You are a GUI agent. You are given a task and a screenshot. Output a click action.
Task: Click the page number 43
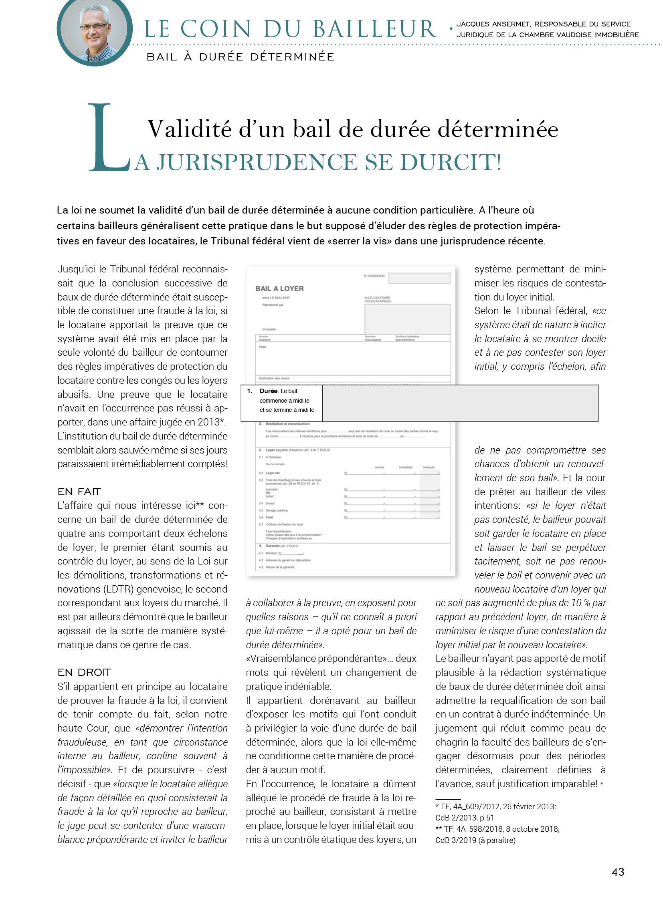[x=617, y=871]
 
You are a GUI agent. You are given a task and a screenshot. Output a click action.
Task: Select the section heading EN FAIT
[x=79, y=492]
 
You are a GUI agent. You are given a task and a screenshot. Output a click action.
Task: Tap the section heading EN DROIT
[x=84, y=672]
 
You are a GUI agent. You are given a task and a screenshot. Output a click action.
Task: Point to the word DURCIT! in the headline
[x=451, y=162]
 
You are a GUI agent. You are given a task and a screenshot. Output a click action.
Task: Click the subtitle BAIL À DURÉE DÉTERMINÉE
[x=240, y=57]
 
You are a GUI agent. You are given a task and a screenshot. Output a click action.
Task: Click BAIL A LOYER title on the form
[x=279, y=288]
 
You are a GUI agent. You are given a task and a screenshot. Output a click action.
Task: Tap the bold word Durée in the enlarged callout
[x=268, y=391]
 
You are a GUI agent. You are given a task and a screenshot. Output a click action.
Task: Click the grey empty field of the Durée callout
[x=460, y=403]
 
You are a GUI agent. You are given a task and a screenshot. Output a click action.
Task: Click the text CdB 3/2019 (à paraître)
[x=475, y=840]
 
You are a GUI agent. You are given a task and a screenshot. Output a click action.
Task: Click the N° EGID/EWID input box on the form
[x=419, y=278]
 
